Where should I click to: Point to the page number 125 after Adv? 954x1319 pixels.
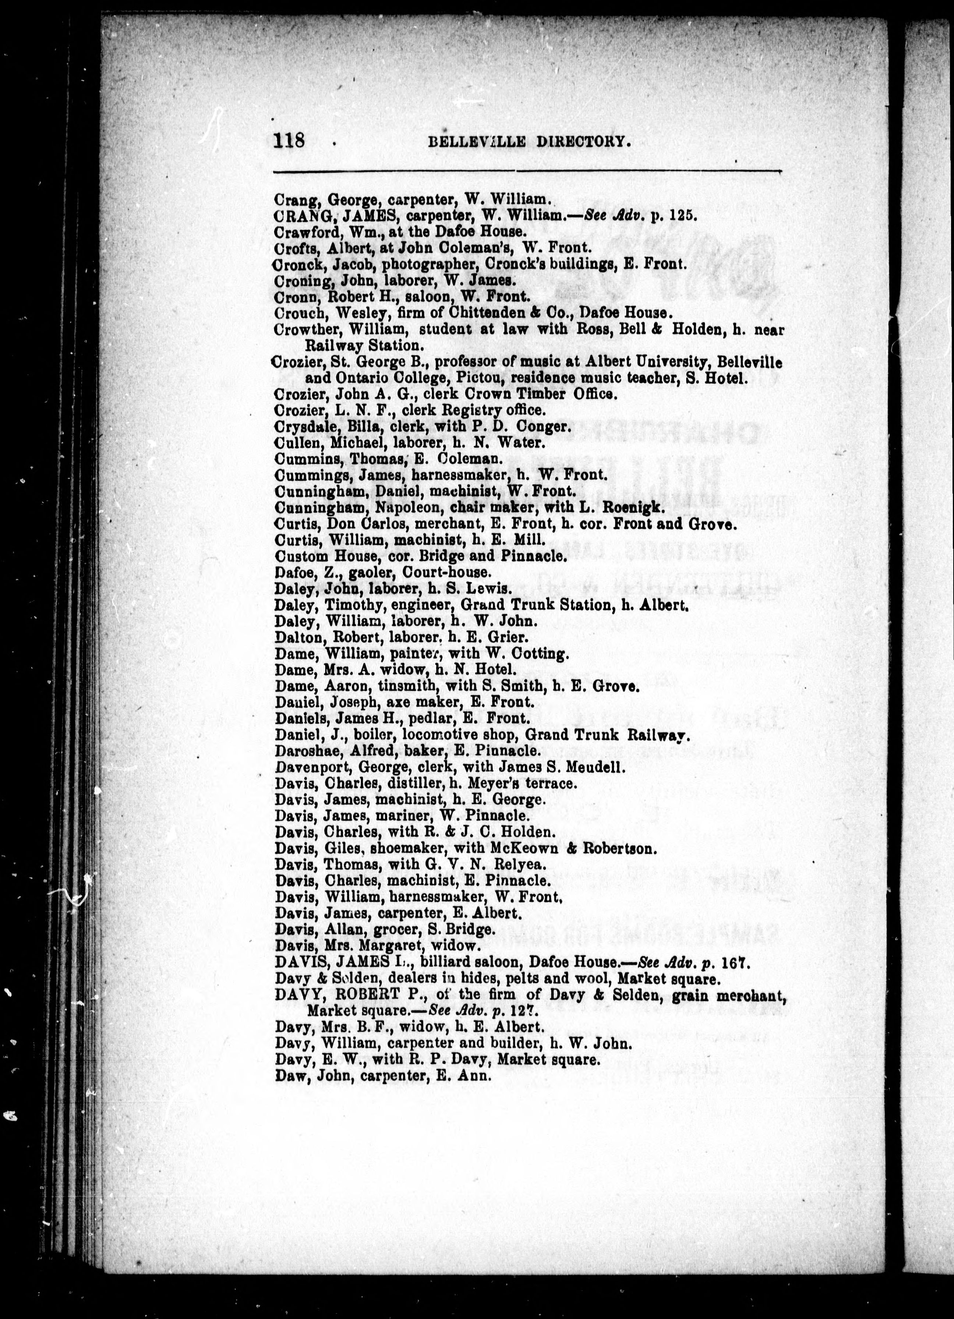click(x=682, y=215)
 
